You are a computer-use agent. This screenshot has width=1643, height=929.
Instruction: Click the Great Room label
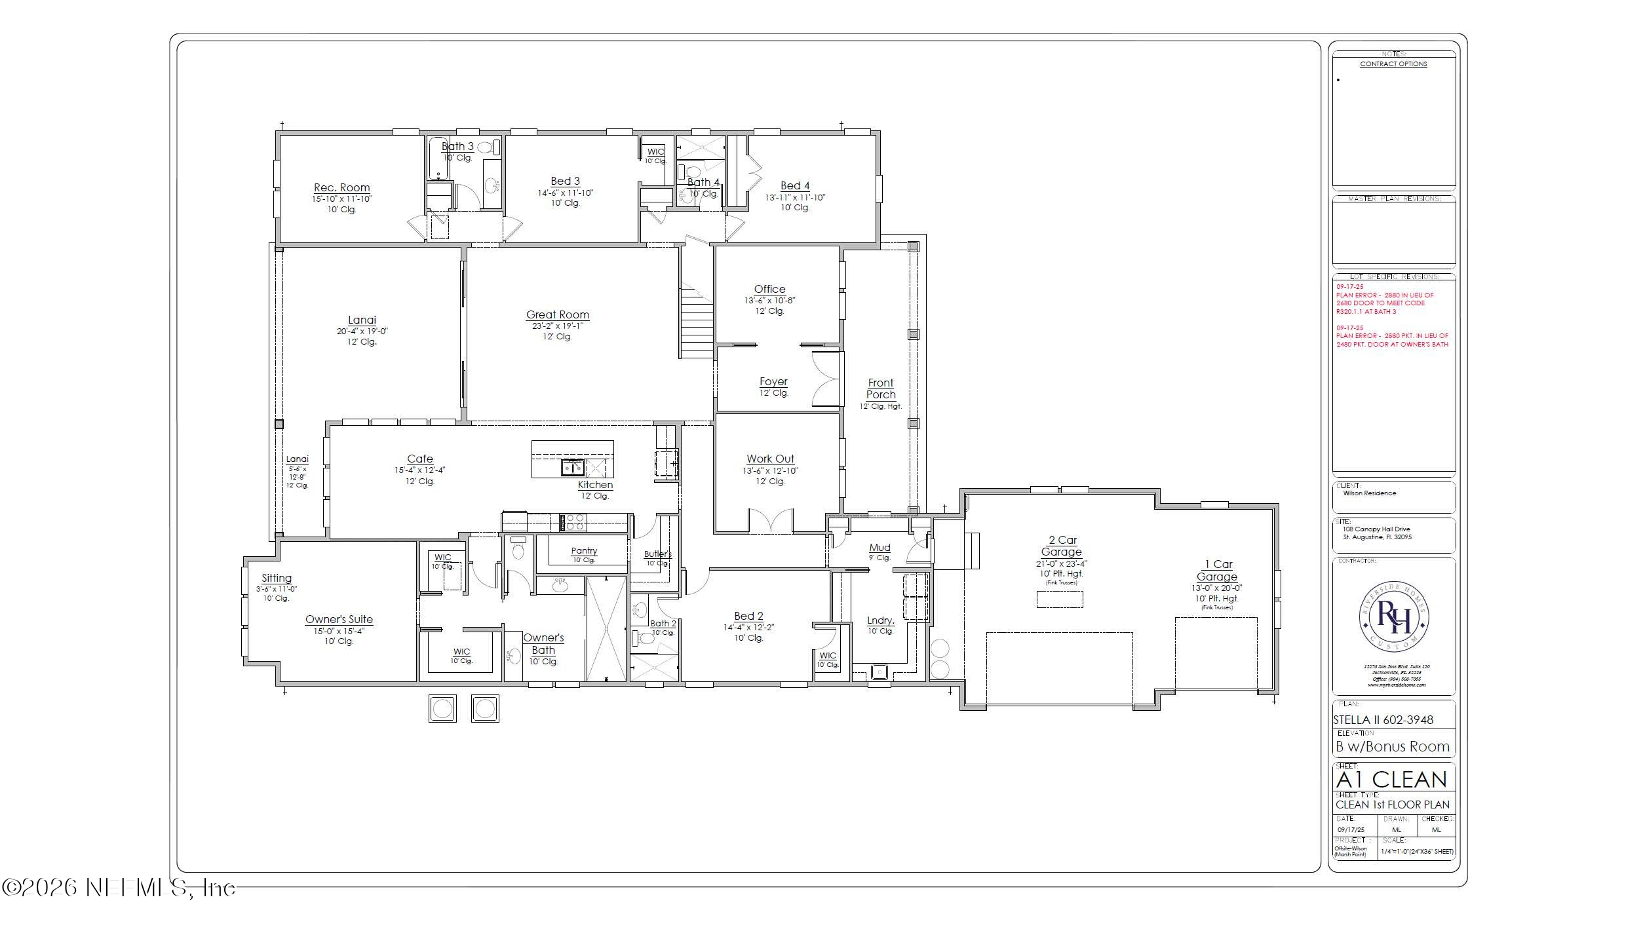point(557,315)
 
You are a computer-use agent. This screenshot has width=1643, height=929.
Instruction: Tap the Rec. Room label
point(341,188)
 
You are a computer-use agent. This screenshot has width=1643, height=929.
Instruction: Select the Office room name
point(769,290)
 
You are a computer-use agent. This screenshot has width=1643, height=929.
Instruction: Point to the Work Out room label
point(770,459)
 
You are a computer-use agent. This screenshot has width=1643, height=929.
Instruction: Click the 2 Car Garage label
point(1062,546)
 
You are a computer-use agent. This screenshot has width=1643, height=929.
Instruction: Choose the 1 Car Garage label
point(1217,571)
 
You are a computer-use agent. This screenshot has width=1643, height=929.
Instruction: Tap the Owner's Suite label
point(339,620)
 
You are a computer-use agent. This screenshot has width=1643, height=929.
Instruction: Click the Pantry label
point(583,551)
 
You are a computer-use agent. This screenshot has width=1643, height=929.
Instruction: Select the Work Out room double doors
point(771,521)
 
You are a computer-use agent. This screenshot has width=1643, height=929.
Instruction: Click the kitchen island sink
point(572,467)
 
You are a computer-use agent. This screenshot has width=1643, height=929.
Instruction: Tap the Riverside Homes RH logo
point(1393,617)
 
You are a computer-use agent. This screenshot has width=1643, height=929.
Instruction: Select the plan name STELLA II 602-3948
point(1383,720)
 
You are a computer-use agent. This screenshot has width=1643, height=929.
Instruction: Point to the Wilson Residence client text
point(1369,493)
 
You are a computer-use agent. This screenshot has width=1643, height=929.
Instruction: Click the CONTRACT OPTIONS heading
point(1393,64)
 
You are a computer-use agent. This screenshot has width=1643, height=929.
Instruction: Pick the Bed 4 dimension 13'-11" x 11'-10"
point(795,197)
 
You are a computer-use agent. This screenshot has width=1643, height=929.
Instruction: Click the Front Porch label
point(880,389)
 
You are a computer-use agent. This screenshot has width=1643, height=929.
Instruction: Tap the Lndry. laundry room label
point(880,621)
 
